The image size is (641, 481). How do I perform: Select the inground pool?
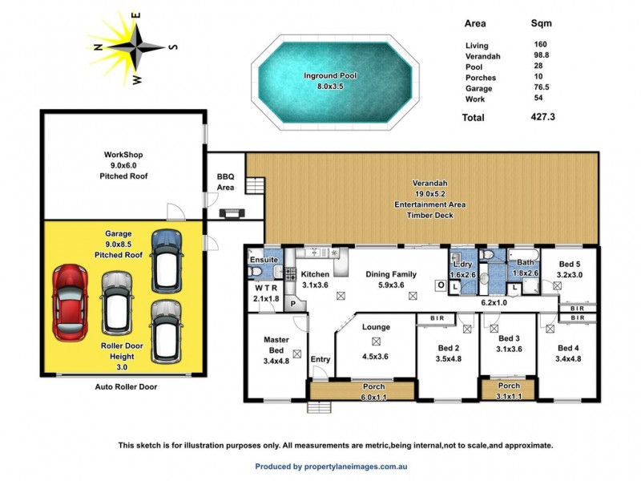[329, 80]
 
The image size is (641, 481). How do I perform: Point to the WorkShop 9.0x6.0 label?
[123, 164]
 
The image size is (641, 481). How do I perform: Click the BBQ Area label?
[226, 182]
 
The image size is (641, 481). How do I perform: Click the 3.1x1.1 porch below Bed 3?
[509, 390]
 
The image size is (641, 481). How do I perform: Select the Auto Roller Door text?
[122, 386]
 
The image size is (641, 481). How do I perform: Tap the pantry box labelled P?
[293, 305]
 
